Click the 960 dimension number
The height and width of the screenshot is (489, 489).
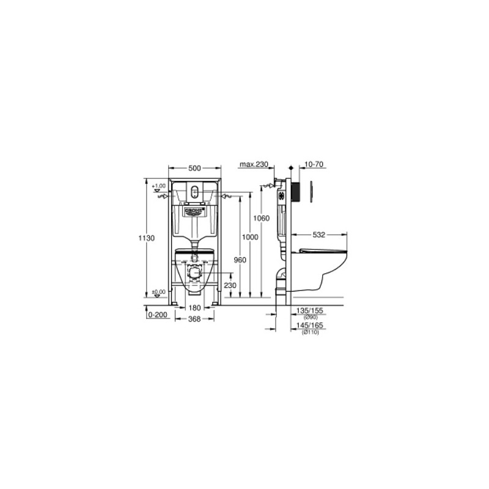(240, 260)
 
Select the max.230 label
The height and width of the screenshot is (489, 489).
(254, 165)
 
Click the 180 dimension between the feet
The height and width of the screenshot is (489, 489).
(194, 308)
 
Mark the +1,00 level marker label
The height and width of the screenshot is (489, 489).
(159, 185)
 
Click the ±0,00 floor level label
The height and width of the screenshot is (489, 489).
(158, 292)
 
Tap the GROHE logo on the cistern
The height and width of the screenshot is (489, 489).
(193, 211)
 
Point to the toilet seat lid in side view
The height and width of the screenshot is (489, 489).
(325, 249)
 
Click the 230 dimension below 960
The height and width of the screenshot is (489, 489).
(229, 285)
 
